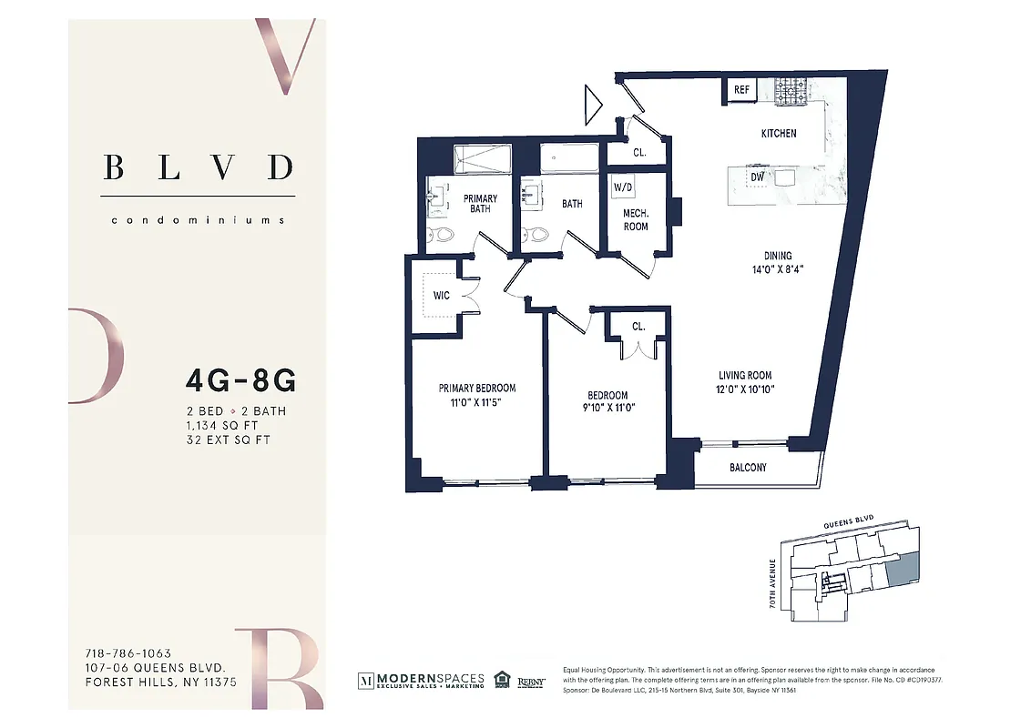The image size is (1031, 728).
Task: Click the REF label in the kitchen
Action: pyautogui.click(x=741, y=90)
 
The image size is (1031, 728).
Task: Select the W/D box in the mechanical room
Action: pyautogui.click(x=623, y=188)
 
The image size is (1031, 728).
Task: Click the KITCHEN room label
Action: pyautogui.click(x=779, y=134)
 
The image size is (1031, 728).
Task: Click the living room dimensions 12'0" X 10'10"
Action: pyautogui.click(x=745, y=389)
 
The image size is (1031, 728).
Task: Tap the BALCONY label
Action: pyautogui.click(x=748, y=468)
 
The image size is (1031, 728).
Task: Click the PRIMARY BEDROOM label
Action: pyautogui.click(x=476, y=389)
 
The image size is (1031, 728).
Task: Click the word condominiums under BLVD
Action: pyautogui.click(x=198, y=220)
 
